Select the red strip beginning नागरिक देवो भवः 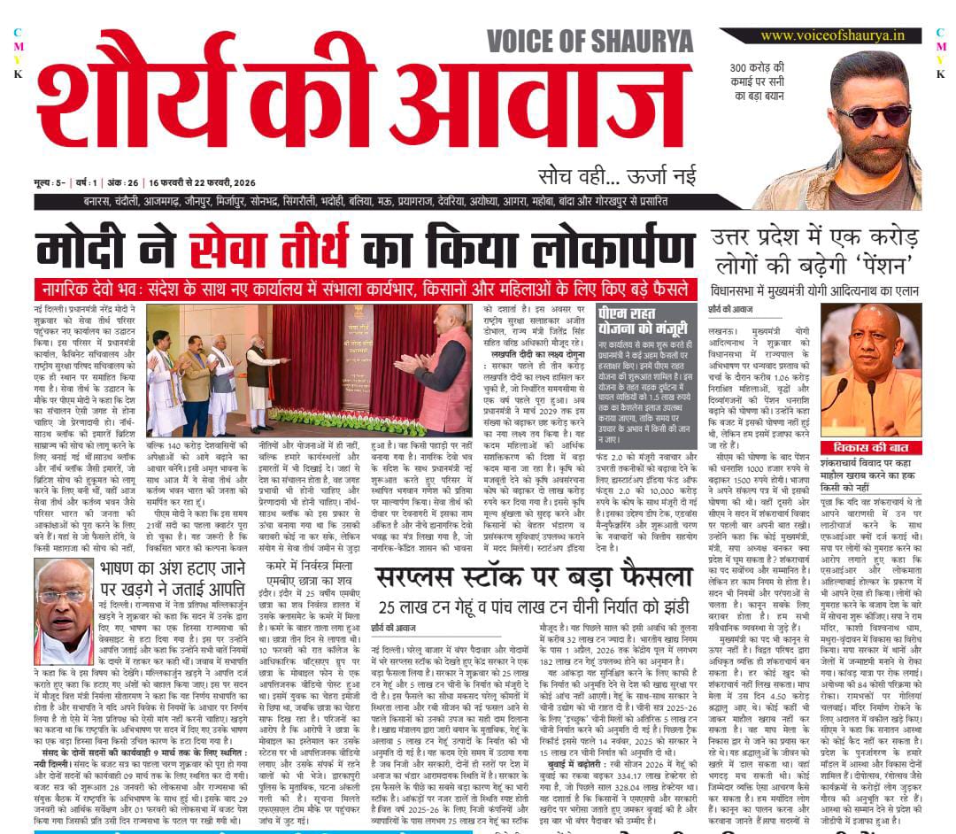point(366,290)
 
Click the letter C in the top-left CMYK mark point(18,33)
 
